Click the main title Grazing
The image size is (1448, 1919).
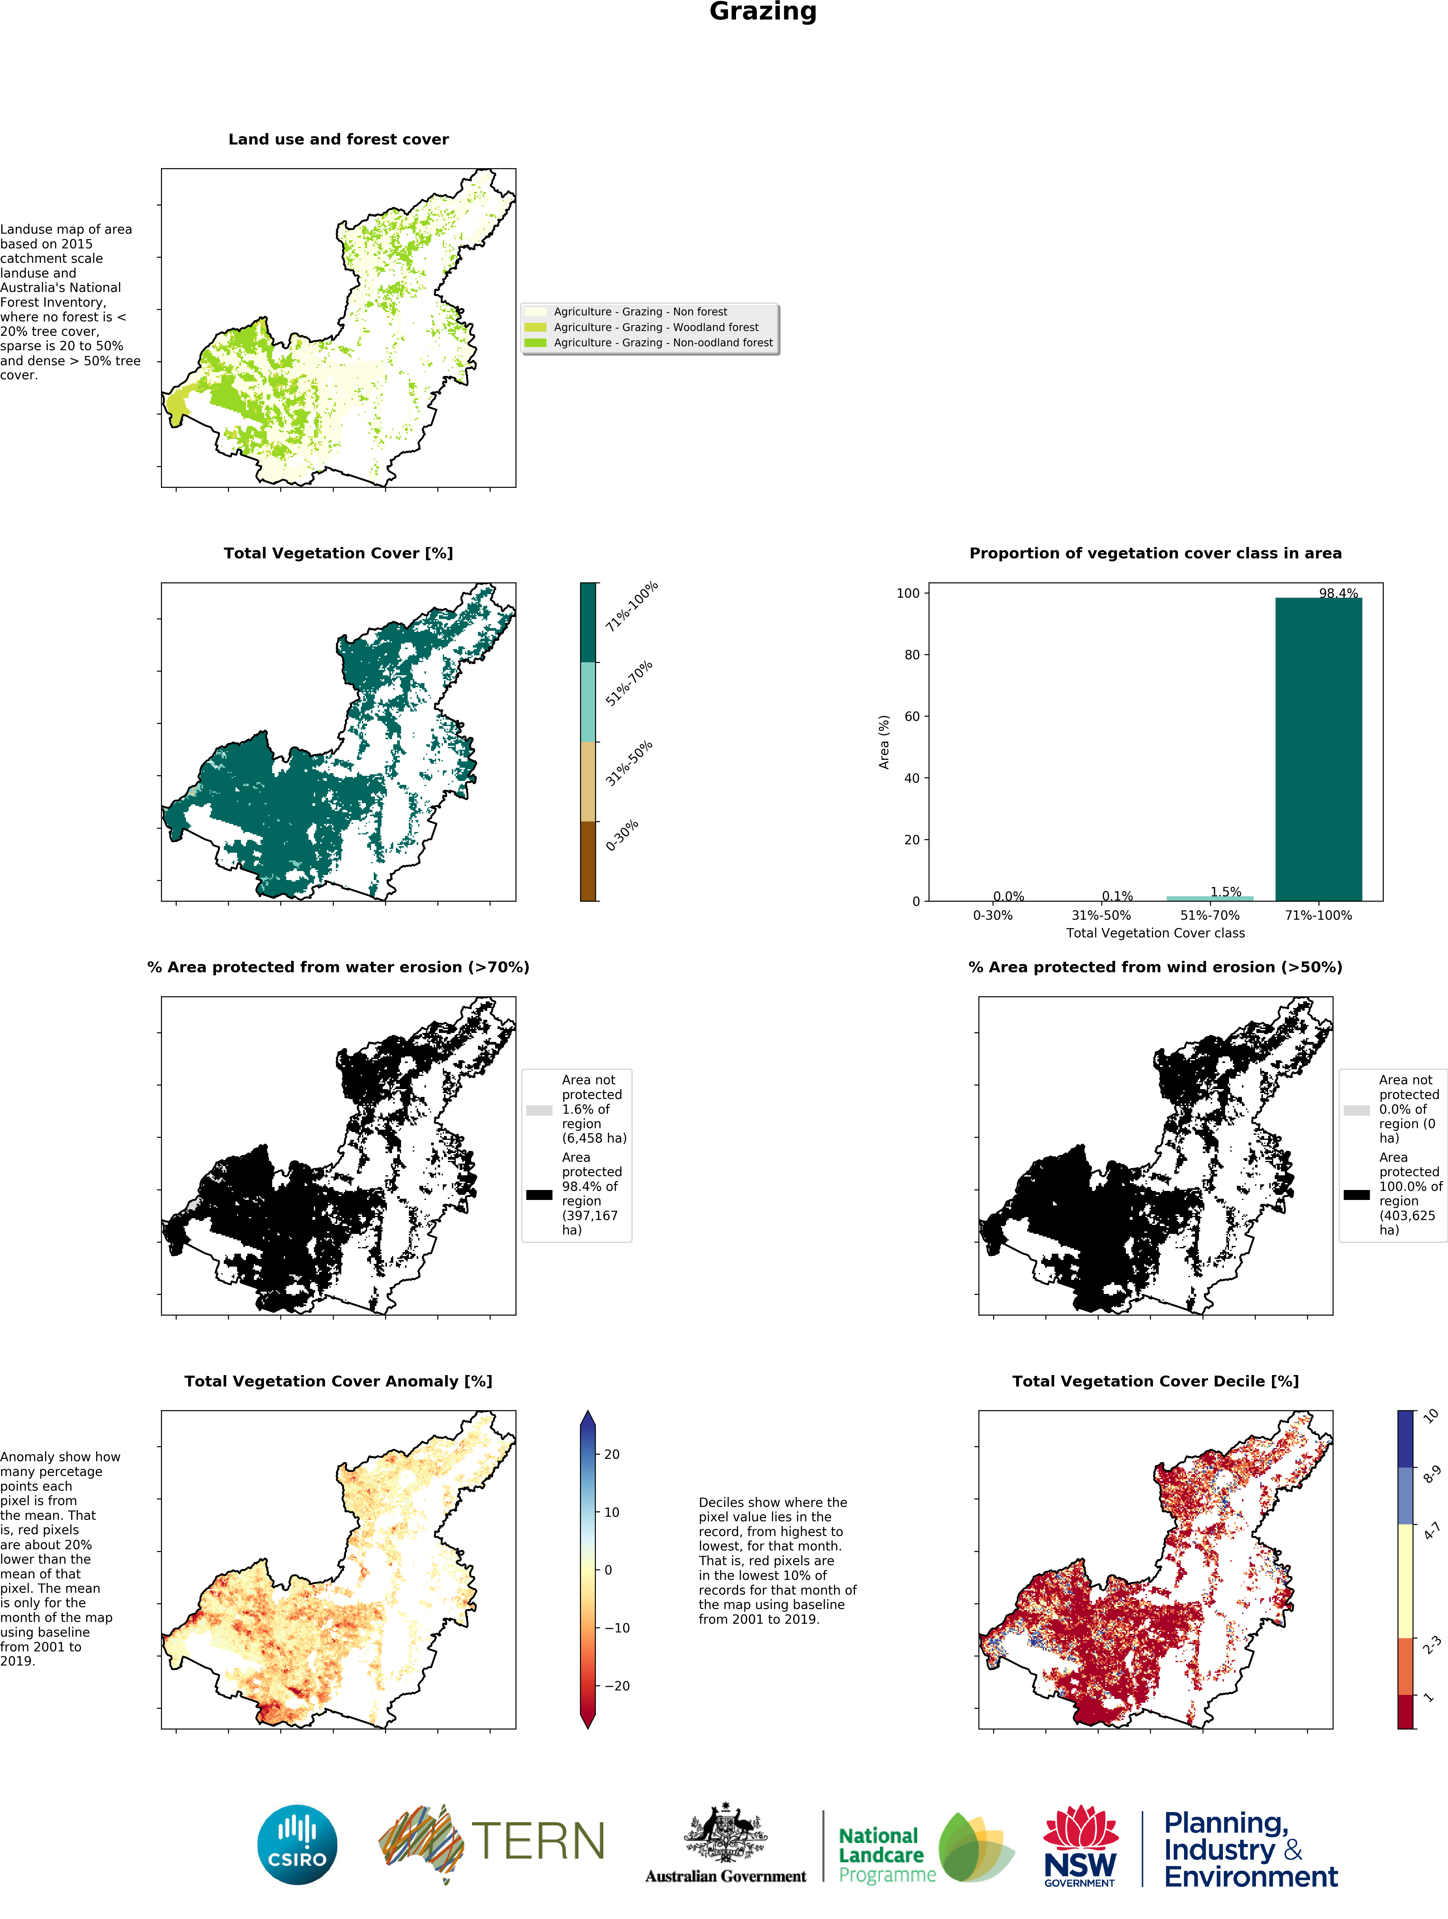[x=763, y=12]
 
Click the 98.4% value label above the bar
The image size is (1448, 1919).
[x=1338, y=594]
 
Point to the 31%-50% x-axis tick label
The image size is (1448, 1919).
[x=1101, y=915]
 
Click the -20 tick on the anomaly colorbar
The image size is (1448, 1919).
[x=615, y=1686]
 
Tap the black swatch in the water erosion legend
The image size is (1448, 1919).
[x=539, y=1195]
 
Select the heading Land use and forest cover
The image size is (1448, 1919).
[x=338, y=139]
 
